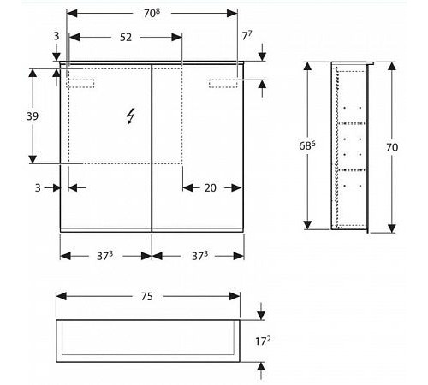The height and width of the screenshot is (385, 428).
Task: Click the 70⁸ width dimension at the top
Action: (152, 13)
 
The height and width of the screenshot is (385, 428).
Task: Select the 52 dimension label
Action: (126, 37)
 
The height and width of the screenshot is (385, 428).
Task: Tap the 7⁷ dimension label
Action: (247, 36)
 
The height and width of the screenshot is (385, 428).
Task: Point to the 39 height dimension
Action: (33, 116)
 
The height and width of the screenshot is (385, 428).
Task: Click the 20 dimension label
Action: (211, 187)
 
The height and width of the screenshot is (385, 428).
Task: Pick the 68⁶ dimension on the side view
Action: (307, 145)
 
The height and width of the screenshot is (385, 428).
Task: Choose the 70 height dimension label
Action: (392, 147)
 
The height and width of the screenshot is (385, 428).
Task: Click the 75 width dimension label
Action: (147, 297)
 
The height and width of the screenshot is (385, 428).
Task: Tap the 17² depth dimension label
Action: (263, 341)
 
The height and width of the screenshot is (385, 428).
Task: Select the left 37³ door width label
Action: (104, 256)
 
